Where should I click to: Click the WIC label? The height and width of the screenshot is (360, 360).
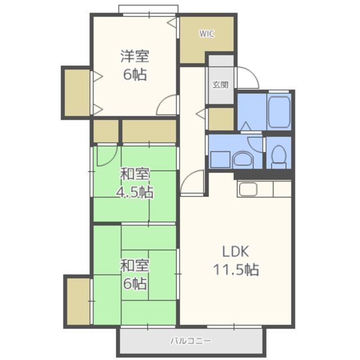pyautogui.click(x=206, y=34)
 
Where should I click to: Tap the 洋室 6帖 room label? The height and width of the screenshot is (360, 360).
pyautogui.click(x=135, y=65)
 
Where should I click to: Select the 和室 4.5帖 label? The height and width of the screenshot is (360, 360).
pyautogui.click(x=135, y=183)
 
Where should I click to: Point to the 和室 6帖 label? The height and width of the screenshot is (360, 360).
pyautogui.click(x=135, y=274)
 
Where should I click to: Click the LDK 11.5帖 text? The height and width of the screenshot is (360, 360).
pyautogui.click(x=236, y=260)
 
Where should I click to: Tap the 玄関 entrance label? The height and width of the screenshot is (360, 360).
pyautogui.click(x=220, y=85)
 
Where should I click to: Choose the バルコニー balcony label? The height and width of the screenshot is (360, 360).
pyautogui.click(x=190, y=341)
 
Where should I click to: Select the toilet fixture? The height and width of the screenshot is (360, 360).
pyautogui.click(x=278, y=157)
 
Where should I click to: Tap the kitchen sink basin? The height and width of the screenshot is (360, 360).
pyautogui.click(x=247, y=189)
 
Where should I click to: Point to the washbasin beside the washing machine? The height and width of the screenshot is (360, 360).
pyautogui.click(x=242, y=159)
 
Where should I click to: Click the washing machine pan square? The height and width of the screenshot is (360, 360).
pyautogui.click(x=220, y=160)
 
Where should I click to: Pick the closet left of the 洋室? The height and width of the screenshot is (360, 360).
pyautogui.click(x=77, y=93)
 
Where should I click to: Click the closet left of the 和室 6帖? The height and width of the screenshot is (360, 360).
pyautogui.click(x=78, y=301)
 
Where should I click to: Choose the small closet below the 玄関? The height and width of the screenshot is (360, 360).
pyautogui.click(x=221, y=119)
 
